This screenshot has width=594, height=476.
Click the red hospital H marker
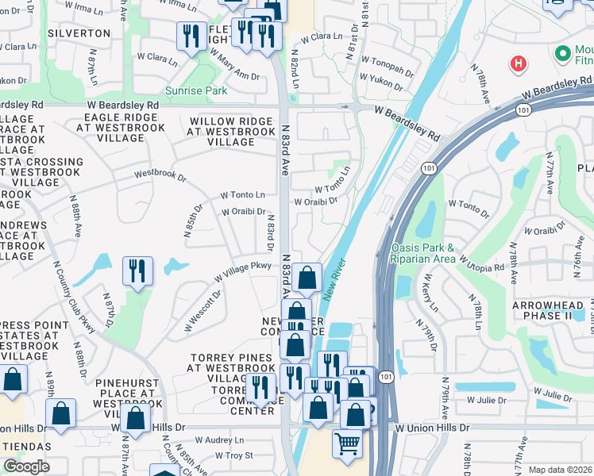pyautogui.click(x=518, y=63)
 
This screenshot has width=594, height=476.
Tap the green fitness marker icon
pyautogui.click(x=563, y=54)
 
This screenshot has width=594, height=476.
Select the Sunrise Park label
pyautogui.click(x=196, y=91)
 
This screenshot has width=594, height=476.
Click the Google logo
pyautogui.click(x=26, y=466)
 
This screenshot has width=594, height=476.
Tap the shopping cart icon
pyautogui.click(x=347, y=443)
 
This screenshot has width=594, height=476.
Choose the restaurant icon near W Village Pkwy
pyautogui.click(x=137, y=271)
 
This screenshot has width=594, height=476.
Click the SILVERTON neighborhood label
pyautogui.click(x=79, y=33)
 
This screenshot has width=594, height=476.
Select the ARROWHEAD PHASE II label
pyautogui.click(x=553, y=310)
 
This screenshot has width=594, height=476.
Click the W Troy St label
pyautogui.click(x=233, y=455)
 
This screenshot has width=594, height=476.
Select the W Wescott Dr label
pyautogui.click(x=203, y=310)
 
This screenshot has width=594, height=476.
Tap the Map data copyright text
pyautogui.click(x=560, y=470)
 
